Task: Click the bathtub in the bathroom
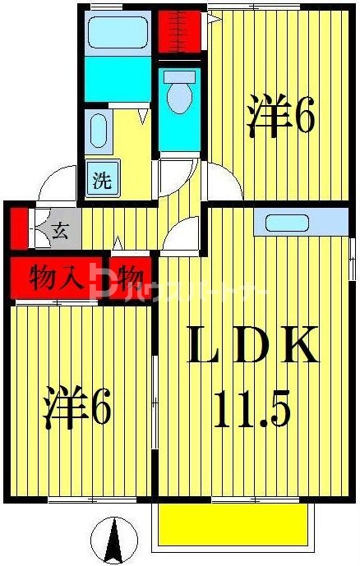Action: point(118,32)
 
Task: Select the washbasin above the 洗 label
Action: point(98,131)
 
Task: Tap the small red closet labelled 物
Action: point(130,276)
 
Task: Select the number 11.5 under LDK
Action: point(252,408)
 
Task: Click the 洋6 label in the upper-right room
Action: point(279,117)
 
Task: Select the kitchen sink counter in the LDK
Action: point(294,223)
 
